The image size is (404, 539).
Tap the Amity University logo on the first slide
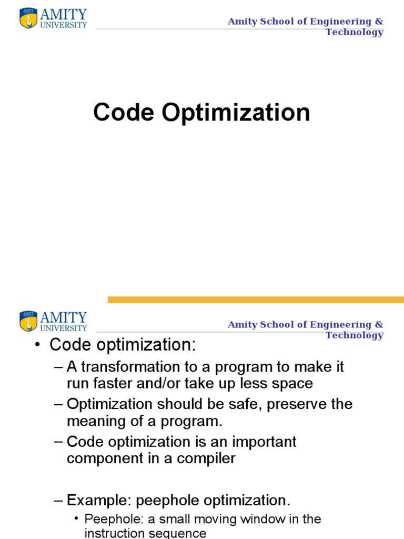53,18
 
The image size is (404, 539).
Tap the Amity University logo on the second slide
53,321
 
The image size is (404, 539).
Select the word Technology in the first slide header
354,32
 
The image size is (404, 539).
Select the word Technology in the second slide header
354,335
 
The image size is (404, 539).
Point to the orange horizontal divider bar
256,300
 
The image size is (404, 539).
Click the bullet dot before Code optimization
37,346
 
